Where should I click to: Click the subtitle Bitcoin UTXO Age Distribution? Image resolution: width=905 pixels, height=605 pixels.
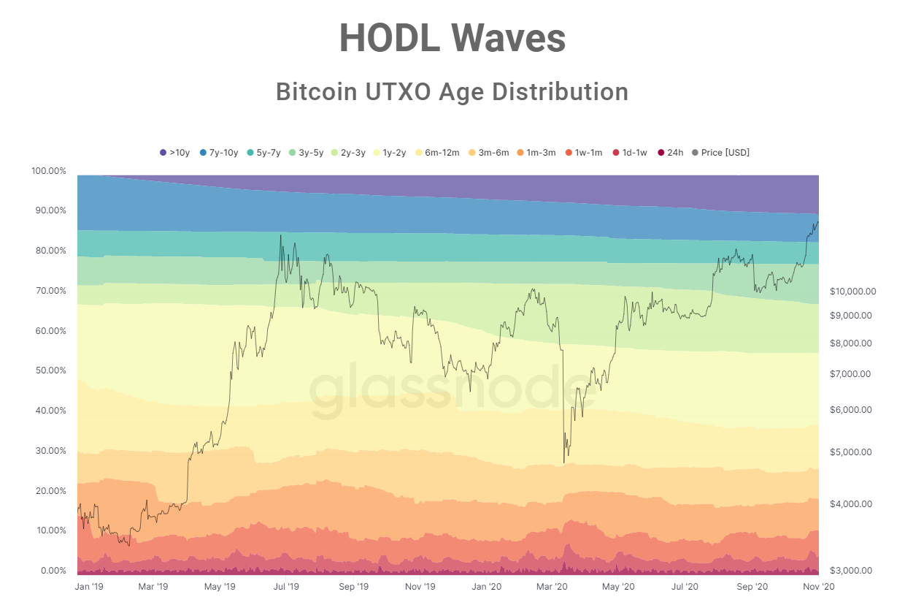point(452,92)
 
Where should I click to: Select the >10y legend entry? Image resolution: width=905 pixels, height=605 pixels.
point(175,153)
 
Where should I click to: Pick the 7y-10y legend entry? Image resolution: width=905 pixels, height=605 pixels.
point(219,153)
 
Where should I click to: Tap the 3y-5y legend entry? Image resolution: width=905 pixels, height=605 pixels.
point(307,153)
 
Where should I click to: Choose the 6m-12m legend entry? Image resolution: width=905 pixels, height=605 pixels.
point(437,153)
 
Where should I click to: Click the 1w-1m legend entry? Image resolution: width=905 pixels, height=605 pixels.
point(584,153)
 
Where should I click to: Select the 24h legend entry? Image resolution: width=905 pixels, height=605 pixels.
point(671,153)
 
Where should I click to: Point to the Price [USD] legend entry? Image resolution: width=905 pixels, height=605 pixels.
point(720,153)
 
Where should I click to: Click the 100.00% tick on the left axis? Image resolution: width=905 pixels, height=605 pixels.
point(49,171)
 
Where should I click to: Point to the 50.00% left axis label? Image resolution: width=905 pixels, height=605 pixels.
point(51,370)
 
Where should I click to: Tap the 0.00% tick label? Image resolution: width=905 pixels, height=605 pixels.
point(53,570)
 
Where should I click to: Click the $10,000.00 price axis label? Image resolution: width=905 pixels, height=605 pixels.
point(853,292)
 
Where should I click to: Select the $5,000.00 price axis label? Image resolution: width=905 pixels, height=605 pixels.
point(851,452)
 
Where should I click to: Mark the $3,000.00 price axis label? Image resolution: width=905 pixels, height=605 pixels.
point(851,570)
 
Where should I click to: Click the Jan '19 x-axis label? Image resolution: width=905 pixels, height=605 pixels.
point(89,587)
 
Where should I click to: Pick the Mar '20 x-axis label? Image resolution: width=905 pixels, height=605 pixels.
point(552,587)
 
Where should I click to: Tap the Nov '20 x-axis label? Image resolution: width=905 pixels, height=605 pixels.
point(819,587)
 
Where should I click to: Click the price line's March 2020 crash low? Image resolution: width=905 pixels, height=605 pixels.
point(564,463)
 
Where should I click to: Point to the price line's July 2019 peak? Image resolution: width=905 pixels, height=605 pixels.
point(280,235)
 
